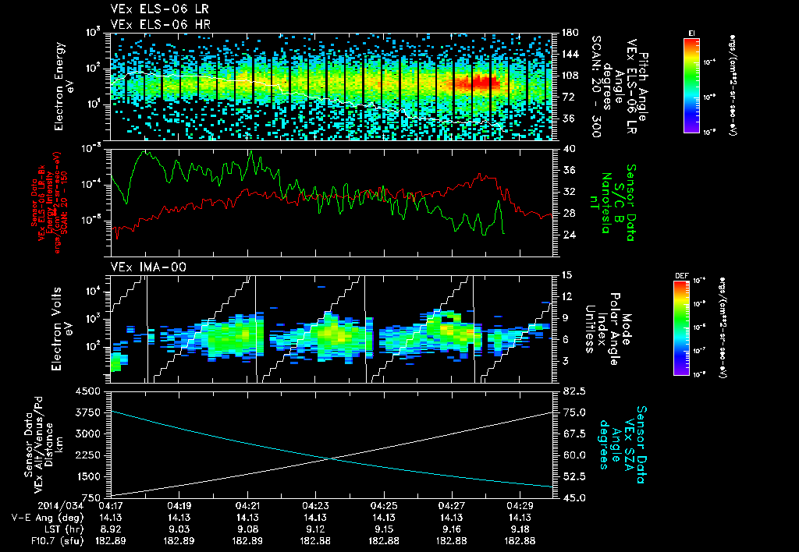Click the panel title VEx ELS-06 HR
point(149,24)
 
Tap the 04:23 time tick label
point(315,505)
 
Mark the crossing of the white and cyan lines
point(332,458)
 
